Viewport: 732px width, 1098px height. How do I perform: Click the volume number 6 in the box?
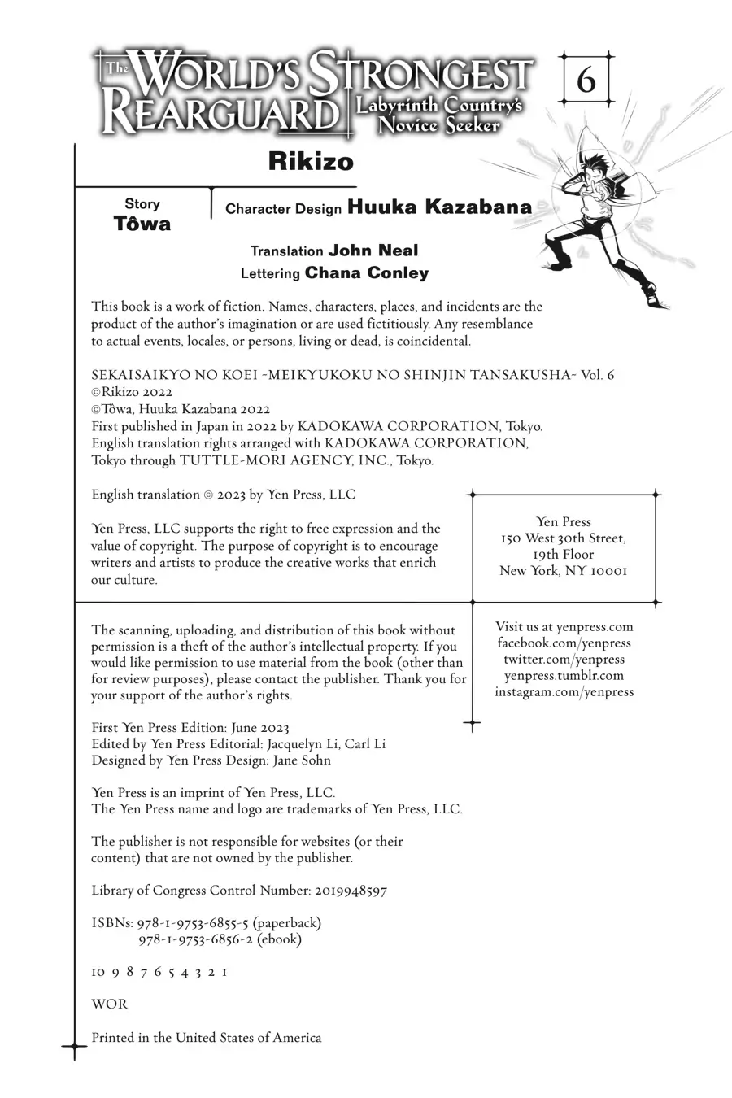click(586, 81)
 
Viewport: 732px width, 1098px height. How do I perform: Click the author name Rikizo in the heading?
click(311, 162)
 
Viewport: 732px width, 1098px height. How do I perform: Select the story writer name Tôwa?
click(142, 224)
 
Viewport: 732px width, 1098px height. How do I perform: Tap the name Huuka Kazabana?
click(439, 207)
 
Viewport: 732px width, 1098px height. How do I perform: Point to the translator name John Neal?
click(373, 251)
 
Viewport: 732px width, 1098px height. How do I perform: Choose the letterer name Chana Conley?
click(366, 273)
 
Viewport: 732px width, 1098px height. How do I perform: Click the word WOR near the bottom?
click(109, 1004)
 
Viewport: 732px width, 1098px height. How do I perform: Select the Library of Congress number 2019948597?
click(349, 891)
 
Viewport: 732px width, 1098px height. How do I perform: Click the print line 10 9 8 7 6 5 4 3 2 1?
click(159, 972)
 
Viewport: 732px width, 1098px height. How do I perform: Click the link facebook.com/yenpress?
click(564, 643)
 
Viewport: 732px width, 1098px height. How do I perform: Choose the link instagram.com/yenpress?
click(564, 692)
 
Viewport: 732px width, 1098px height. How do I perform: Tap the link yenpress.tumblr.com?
click(564, 676)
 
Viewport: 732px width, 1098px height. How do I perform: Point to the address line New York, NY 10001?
click(564, 571)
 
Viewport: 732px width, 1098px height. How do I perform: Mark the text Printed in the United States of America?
click(206, 1038)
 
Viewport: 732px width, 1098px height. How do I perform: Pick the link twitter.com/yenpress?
click(564, 660)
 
